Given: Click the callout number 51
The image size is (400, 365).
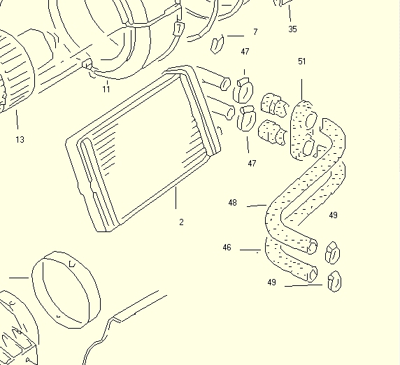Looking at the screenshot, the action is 302,62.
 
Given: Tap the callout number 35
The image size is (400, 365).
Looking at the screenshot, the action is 292,29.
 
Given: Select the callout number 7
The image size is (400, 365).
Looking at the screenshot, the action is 256,31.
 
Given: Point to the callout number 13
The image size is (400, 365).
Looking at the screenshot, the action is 20,140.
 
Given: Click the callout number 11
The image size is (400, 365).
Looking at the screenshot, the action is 106,89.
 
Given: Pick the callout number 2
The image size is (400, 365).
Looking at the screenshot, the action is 181,222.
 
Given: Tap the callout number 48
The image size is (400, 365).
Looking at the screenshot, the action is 233,203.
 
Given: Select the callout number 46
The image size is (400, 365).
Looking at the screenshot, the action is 227,248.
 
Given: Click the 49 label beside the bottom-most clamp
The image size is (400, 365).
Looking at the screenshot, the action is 272,282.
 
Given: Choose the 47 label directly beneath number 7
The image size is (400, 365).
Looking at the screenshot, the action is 245,52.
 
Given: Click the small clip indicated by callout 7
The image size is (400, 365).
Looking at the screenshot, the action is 217,45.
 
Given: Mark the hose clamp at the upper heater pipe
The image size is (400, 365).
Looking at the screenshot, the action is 243,90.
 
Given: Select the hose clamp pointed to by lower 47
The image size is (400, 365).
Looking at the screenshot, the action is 247,119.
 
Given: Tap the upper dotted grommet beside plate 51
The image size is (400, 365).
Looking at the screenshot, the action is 275,106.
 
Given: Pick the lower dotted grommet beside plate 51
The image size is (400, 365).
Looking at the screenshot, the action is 272,133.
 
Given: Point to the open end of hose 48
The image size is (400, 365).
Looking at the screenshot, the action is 313,246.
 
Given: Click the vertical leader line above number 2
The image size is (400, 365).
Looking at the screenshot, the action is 176,198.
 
